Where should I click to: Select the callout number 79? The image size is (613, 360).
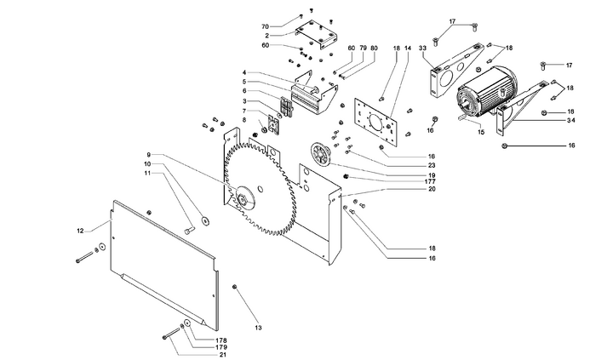click(363, 48)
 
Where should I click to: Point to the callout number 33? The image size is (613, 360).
click(424, 48)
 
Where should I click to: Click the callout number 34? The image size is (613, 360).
click(572, 122)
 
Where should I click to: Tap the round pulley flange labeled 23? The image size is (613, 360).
click(322, 156)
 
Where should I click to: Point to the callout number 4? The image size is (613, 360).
click(243, 72)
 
